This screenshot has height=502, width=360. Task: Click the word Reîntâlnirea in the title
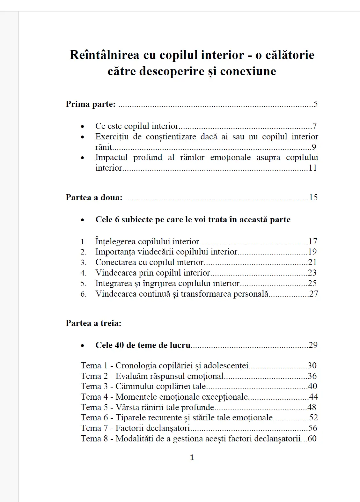[104, 55]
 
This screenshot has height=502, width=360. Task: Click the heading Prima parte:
[91, 104]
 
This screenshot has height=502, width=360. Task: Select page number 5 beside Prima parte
[315, 104]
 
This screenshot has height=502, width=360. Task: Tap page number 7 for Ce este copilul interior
[314, 126]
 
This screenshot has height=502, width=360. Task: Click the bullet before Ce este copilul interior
[83, 127]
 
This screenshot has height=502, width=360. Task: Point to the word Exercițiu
[112, 137]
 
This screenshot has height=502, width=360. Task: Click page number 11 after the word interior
[312, 168]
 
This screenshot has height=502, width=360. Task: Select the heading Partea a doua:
[94, 197]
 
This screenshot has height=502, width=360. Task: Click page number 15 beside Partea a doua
[313, 197]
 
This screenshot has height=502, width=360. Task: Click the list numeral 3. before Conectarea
[83, 262]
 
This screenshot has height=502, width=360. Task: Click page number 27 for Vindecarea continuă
[313, 294]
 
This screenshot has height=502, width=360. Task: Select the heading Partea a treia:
[93, 323]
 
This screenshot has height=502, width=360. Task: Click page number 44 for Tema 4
[313, 397]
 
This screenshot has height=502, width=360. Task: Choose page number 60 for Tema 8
[312, 439]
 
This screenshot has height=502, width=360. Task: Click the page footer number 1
[192, 458]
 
